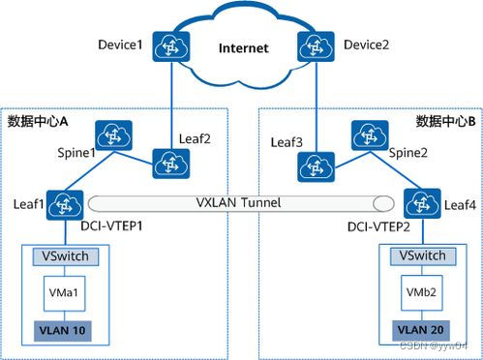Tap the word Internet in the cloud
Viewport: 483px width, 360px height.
point(243,48)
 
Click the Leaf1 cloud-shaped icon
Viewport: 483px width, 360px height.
point(69,204)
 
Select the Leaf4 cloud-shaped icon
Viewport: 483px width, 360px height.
point(418,204)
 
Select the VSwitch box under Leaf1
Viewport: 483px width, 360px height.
point(59,256)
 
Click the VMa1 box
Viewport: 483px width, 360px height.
point(59,291)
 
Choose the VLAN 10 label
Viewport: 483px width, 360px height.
point(59,331)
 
